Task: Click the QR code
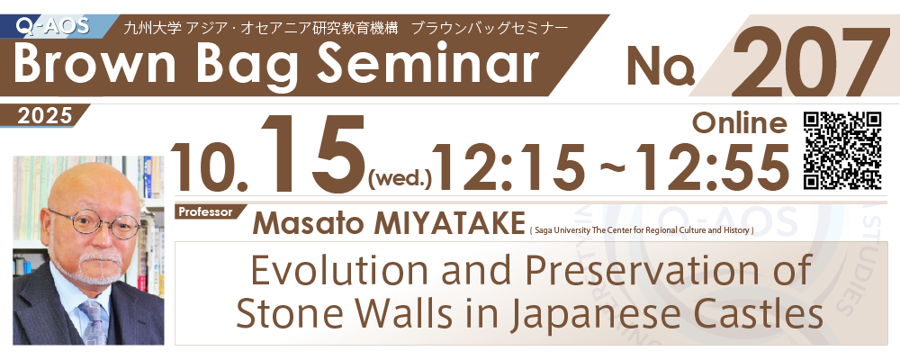[842, 150]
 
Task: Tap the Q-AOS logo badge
[53, 25]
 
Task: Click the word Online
[739, 121]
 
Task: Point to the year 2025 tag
[45, 116]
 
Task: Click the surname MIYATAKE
[449, 223]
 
